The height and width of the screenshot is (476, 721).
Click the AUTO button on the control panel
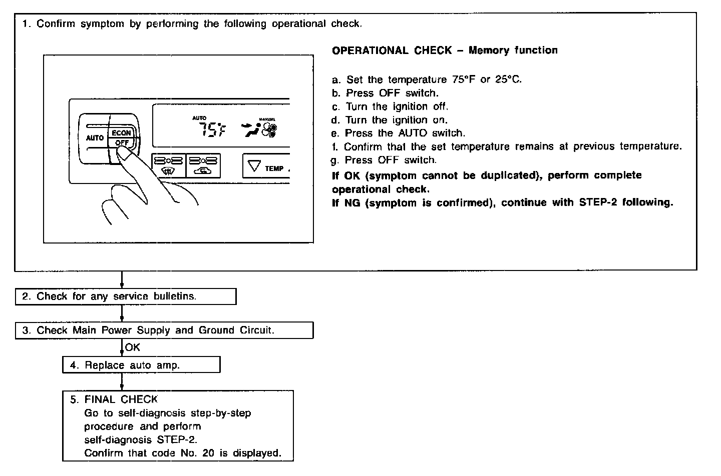pyautogui.click(x=94, y=138)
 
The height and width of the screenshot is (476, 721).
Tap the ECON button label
pyautogui.click(x=121, y=133)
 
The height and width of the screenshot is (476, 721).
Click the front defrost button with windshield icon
pyautogui.click(x=168, y=165)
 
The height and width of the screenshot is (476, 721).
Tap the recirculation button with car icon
pyautogui.click(x=203, y=165)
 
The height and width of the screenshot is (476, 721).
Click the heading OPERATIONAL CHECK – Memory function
pyautogui.click(x=445, y=50)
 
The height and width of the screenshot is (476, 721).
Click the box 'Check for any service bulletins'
pyautogui.click(x=125, y=296)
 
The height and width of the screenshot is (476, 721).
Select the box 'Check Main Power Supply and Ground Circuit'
pyautogui.click(x=164, y=330)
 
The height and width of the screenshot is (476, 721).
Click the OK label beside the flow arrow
pyautogui.click(x=133, y=347)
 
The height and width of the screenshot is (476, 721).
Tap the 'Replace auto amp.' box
pyautogui.click(x=141, y=365)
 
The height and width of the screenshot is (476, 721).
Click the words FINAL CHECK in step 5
pyautogui.click(x=121, y=399)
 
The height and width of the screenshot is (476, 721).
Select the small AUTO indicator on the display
pyautogui.click(x=199, y=118)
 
